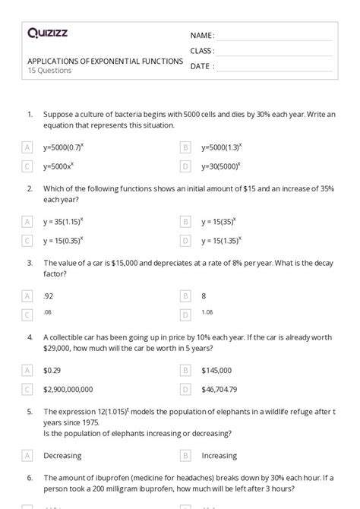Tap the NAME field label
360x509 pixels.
click(201, 36)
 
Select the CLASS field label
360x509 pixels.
click(202, 51)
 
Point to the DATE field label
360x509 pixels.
click(201, 66)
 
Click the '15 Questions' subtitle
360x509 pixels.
click(49, 71)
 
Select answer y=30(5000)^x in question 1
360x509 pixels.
click(221, 165)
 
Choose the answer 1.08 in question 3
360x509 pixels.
click(207, 312)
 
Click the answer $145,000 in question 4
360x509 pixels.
click(216, 370)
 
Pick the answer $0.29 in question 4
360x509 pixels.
click(52, 370)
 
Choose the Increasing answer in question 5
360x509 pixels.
click(219, 456)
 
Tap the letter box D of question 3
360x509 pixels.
click(185, 315)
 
